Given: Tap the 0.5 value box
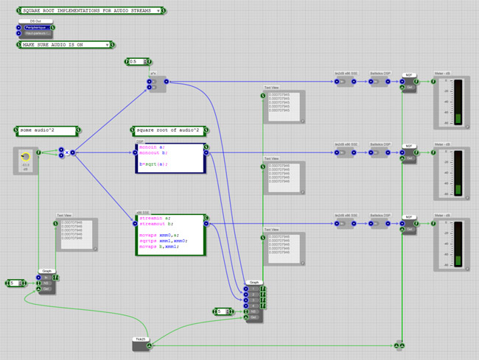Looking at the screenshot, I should [x=137, y=62].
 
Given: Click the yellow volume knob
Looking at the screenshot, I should [x=26, y=155].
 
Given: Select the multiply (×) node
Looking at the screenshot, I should [x=66, y=152].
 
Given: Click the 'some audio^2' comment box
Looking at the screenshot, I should [x=45, y=130].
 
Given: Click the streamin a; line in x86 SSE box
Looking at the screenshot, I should [x=155, y=218].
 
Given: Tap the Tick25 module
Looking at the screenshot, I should [x=139, y=342].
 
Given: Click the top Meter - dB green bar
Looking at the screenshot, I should [x=458, y=119].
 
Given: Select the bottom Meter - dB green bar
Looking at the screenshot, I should [x=458, y=261].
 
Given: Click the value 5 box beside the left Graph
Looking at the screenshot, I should [x=15, y=283].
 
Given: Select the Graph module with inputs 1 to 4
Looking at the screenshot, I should [x=254, y=297].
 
